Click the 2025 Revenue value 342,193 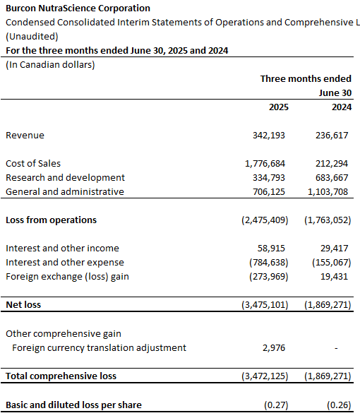point(269,136)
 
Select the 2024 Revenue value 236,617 point(332,136)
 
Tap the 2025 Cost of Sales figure point(265,164)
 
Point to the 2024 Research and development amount point(332,178)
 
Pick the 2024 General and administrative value point(328,192)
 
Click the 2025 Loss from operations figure point(265,220)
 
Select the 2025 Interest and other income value point(271,249)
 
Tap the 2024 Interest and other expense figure point(332,263)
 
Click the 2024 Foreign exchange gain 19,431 point(334,277)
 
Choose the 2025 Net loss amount point(265,305)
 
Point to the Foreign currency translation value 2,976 point(274,348)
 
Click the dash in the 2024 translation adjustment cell point(336,348)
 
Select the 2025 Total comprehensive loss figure point(265,376)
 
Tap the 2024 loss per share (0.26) point(339,405)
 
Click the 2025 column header point(278,107)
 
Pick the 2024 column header point(342,107)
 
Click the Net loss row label point(23,305)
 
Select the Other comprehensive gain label point(64,334)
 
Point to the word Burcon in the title point(20,8)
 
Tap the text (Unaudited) point(32,37)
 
